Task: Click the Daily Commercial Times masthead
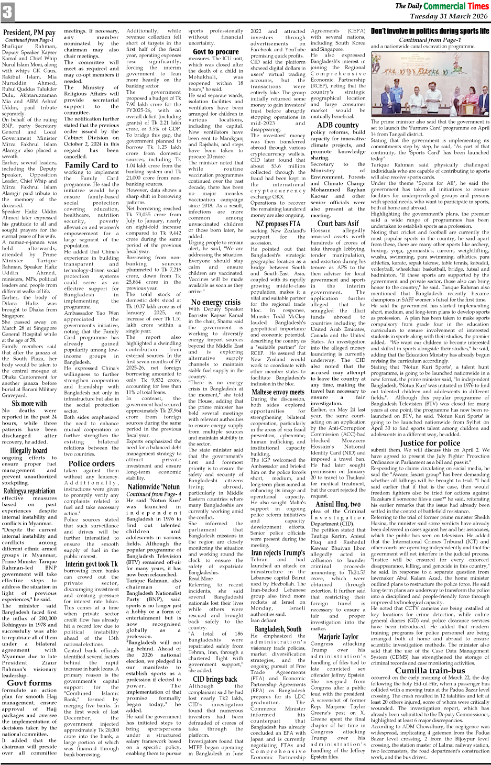point(442,6)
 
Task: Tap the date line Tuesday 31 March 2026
point(449,16)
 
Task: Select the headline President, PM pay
point(29,32)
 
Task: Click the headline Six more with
point(29,403)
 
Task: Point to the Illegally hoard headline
point(29,450)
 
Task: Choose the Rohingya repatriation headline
point(29,491)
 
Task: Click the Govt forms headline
point(29,683)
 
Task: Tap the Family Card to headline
point(92,165)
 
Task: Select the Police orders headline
point(92,463)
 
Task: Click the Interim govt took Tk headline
point(92,563)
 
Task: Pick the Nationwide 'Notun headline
point(154,486)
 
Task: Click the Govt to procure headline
point(216,51)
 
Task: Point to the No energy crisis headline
point(216,302)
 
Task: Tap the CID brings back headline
point(216,679)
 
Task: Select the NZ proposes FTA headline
point(278,224)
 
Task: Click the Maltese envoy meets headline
point(278,392)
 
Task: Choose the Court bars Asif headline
point(339,224)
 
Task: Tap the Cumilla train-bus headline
point(430,670)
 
